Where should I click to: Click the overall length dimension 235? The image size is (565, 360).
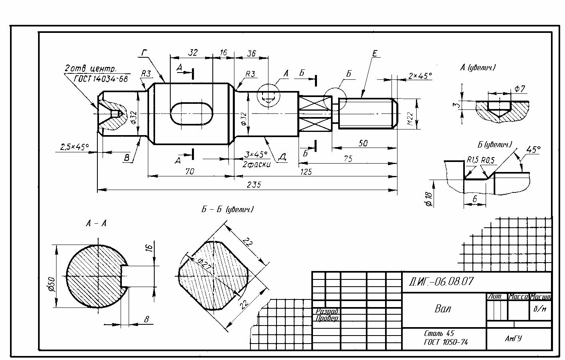(254, 185)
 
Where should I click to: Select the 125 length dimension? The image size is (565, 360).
(306, 172)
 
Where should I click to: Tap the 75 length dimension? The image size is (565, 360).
(348, 159)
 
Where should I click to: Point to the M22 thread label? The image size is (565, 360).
(410, 119)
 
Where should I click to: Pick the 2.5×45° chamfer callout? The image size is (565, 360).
(74, 147)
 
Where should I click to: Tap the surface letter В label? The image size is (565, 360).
(127, 158)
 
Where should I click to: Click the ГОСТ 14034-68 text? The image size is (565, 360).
(101, 79)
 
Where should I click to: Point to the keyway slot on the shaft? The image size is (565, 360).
(192, 113)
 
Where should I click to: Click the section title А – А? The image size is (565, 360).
(96, 223)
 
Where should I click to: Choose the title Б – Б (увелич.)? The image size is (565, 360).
(227, 209)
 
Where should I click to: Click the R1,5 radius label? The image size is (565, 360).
(473, 160)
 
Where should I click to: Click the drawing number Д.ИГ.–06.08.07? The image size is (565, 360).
(441, 281)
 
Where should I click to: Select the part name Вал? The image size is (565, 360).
(443, 309)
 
